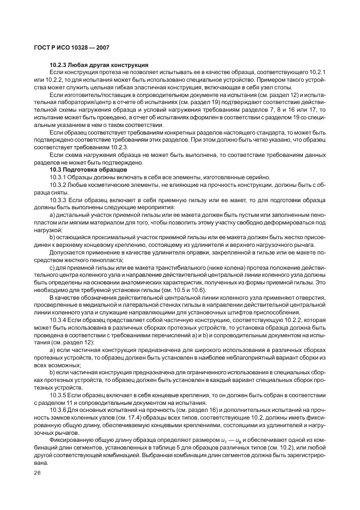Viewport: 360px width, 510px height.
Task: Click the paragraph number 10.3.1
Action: click(57, 178)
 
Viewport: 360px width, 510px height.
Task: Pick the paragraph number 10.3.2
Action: click(57, 185)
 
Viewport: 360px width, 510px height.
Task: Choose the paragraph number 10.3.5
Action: click(57, 394)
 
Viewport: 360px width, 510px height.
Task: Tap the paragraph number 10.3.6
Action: click(57, 409)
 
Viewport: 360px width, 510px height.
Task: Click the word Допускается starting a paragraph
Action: click(68, 252)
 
